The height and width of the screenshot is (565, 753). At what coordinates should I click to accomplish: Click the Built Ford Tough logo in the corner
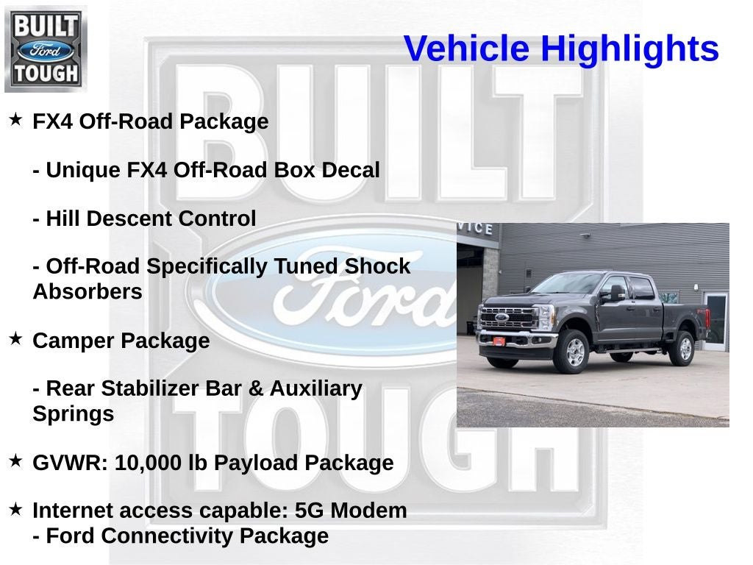point(46,49)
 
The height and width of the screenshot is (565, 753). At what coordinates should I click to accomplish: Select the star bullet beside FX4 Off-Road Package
point(15,119)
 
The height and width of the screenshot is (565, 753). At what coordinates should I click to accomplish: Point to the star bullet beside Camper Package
point(15,339)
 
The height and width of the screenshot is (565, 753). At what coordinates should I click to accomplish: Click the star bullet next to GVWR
point(15,461)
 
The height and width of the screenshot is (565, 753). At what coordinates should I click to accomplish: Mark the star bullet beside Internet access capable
point(15,509)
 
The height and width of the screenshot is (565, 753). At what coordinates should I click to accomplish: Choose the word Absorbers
point(87,292)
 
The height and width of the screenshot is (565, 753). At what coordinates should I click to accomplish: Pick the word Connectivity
point(170,536)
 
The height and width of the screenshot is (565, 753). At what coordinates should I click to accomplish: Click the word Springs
point(73,414)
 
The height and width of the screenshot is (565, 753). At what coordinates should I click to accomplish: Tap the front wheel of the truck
point(574,351)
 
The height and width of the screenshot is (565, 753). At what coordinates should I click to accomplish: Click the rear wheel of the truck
point(682,347)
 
